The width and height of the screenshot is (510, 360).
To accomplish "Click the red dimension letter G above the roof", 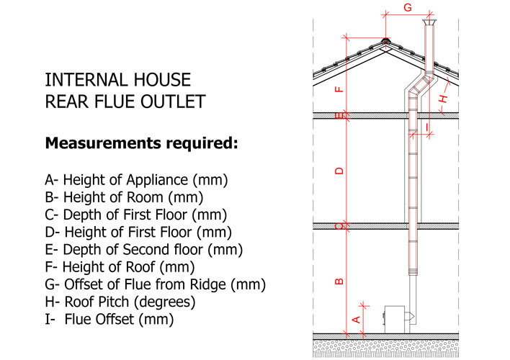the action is coord(408,6).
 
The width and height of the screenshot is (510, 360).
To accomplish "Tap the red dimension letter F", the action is coord(339,89).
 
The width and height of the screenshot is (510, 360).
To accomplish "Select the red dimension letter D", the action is coord(339,171).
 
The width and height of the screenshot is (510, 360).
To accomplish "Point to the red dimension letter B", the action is coord(339,282).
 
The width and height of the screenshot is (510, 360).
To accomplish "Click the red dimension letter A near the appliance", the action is coord(357,320).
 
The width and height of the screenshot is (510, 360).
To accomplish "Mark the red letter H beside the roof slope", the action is coord(443,99).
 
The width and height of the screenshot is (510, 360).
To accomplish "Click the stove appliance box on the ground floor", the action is coord(395,320).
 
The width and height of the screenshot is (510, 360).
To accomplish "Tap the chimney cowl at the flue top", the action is coord(429,22).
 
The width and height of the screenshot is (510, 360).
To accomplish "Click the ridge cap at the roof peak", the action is coord(385,41).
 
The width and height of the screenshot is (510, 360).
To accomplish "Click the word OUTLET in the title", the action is coord(173,102).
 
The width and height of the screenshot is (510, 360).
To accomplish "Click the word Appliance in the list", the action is coord(158,181).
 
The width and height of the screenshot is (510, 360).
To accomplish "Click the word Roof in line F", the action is coord(140,267).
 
